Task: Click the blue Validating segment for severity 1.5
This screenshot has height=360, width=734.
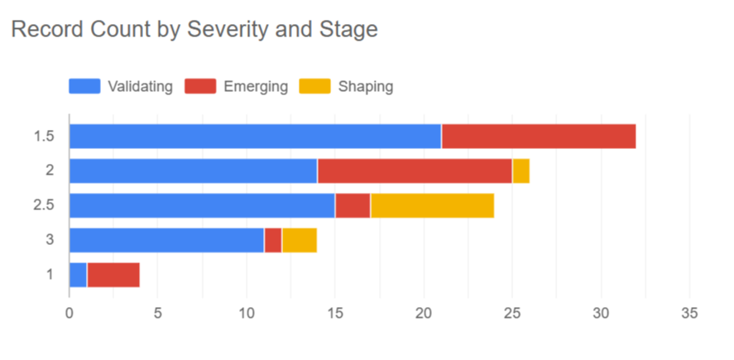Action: (255, 137)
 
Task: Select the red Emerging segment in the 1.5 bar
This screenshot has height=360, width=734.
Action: (538, 137)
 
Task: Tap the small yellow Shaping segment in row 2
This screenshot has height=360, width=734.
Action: (521, 171)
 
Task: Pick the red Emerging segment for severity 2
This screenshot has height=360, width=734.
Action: (415, 171)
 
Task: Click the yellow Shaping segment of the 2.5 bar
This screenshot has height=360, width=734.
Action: (432, 205)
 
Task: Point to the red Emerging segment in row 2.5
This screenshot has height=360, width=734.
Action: (353, 205)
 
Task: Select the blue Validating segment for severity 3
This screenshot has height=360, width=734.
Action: (166, 240)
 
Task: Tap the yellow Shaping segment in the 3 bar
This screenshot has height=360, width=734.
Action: (299, 240)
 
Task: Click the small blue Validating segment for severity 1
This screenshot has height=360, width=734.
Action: (78, 275)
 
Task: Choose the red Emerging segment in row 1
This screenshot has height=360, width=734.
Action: (113, 275)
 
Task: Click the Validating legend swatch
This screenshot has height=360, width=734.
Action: (84, 86)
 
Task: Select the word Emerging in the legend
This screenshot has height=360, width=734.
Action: (256, 86)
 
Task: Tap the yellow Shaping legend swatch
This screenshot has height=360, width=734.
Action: (314, 86)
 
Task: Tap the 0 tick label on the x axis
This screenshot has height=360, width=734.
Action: (70, 314)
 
